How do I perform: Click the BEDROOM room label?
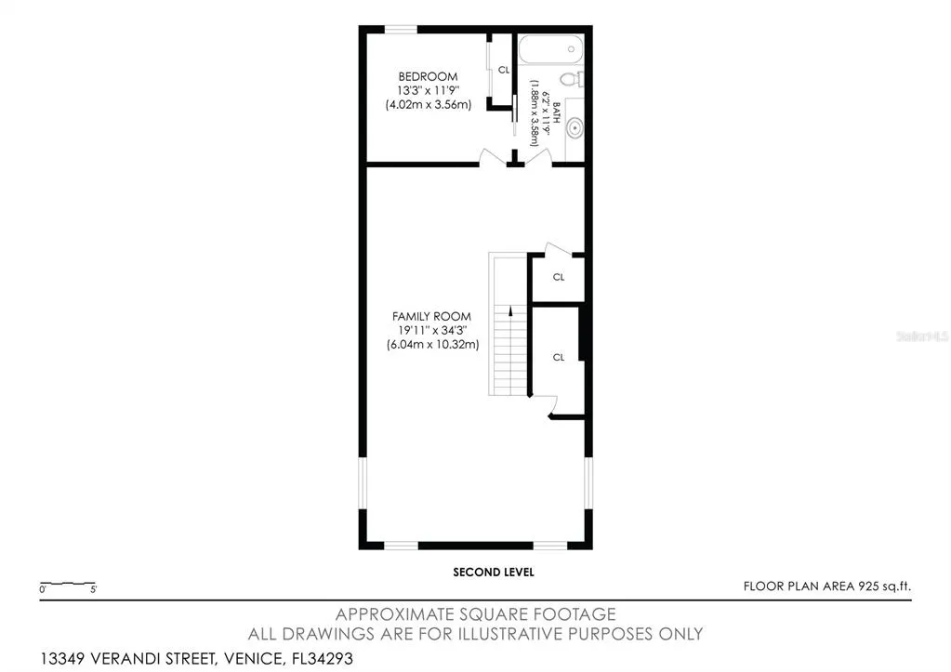(x=428, y=76)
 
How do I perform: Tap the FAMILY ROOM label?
(x=431, y=316)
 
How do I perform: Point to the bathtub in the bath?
(x=550, y=48)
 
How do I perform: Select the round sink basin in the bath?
(x=575, y=128)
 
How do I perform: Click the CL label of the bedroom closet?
(x=504, y=70)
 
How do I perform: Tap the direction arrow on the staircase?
(x=510, y=310)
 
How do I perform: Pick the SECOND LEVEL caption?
(x=494, y=572)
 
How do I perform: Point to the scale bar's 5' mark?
(x=93, y=589)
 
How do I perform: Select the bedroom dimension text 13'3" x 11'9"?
(x=429, y=90)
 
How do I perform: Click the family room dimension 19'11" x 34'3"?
(x=432, y=331)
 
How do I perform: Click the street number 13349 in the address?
(x=63, y=658)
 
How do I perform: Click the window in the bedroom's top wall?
(x=401, y=29)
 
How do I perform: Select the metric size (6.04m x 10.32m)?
(x=433, y=345)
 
